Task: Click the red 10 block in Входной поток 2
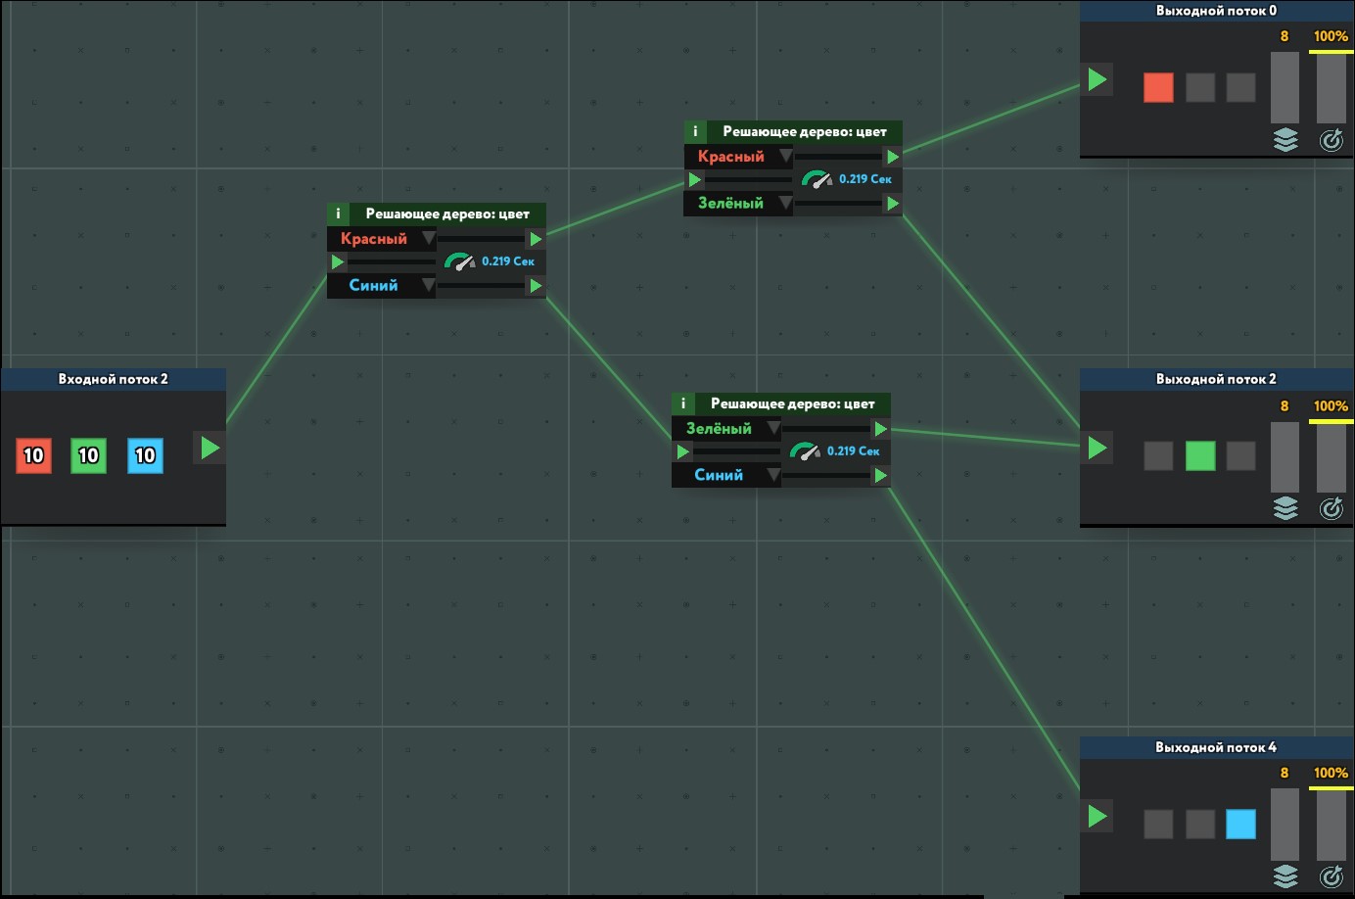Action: point(33,455)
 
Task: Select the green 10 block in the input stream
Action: point(88,455)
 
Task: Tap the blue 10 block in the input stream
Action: point(145,455)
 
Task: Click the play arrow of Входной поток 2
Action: point(210,448)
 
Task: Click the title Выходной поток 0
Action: point(1216,11)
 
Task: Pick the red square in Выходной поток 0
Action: point(1158,87)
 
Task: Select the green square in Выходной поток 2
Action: point(1200,455)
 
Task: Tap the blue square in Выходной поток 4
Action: point(1240,824)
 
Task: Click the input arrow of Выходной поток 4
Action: point(1098,816)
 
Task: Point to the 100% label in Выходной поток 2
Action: point(1331,405)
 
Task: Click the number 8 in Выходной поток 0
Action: point(1285,36)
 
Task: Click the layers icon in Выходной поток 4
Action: point(1285,875)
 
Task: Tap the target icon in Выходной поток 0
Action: point(1332,140)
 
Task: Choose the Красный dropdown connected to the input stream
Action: point(382,239)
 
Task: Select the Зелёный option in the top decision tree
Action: point(739,204)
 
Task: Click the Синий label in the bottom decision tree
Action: point(719,475)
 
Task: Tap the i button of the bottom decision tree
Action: point(683,403)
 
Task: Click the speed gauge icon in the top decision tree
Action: point(816,179)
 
